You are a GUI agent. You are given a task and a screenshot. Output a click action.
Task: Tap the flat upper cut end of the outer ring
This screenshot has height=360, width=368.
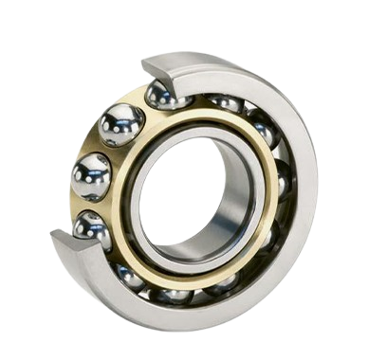tap(156, 67)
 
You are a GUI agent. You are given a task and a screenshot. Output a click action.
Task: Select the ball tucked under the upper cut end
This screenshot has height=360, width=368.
tap(167, 95)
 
